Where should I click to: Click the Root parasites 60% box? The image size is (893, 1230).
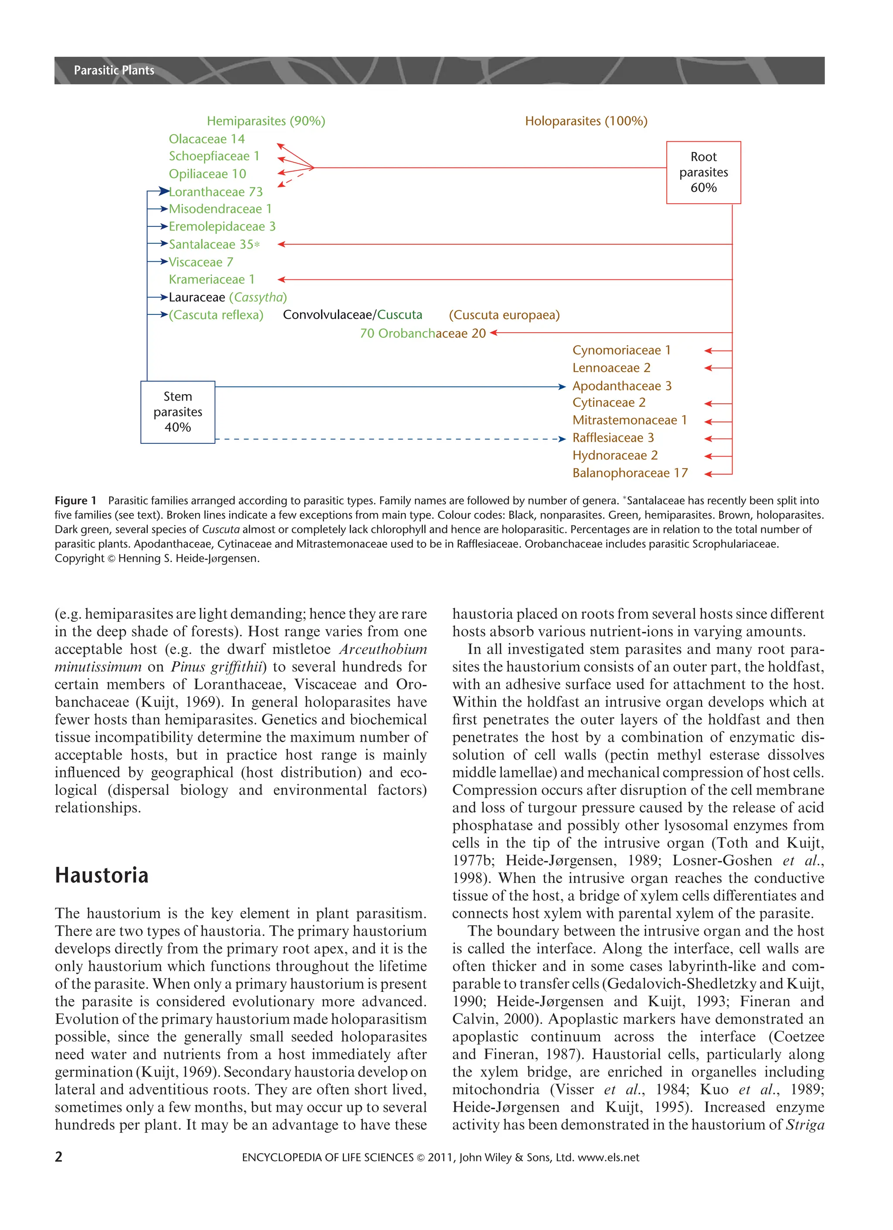(x=703, y=173)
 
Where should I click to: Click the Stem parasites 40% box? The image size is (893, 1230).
(x=177, y=412)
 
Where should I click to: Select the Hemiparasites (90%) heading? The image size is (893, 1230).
(x=266, y=121)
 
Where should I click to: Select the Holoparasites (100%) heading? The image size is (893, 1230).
(x=586, y=121)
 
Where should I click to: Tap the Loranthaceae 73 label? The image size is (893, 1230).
(x=216, y=192)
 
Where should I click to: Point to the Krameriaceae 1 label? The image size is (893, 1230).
(x=211, y=279)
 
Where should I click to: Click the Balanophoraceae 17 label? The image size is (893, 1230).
(x=630, y=473)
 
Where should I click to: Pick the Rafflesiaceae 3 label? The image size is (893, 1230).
(x=613, y=438)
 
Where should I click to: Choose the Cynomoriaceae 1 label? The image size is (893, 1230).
(x=621, y=351)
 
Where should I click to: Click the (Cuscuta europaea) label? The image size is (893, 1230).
(x=504, y=315)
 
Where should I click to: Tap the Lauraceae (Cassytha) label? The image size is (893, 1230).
(x=228, y=297)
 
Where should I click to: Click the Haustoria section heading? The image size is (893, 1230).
(x=102, y=876)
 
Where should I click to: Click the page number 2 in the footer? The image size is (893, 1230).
(x=58, y=1157)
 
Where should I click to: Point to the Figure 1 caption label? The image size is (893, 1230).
(x=75, y=501)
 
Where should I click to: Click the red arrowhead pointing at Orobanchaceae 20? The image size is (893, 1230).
(x=494, y=333)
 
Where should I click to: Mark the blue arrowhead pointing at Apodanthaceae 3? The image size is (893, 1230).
(x=562, y=387)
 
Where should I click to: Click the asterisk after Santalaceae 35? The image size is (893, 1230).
(x=257, y=244)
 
